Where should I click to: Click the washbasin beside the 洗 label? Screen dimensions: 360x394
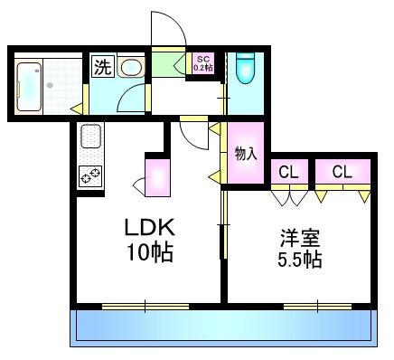click(130, 67)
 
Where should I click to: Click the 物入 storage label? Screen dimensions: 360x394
click(244, 153)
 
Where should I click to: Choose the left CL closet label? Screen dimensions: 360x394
click(289, 172)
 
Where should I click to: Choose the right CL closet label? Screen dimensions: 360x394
click(342, 172)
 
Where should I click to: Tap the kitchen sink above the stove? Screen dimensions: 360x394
click(91, 137)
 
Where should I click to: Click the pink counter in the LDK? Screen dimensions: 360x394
click(158, 177)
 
